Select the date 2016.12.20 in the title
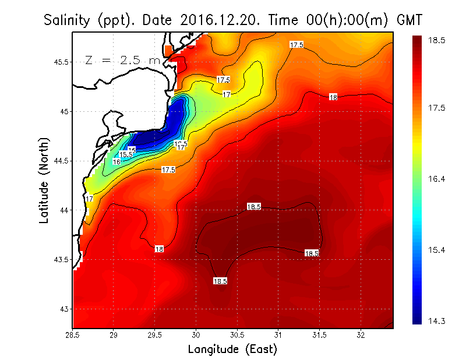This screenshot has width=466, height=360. point(214,20)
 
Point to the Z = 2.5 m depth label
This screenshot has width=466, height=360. point(122,60)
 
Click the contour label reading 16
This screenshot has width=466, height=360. point(116,161)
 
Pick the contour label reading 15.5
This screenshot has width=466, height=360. point(126,154)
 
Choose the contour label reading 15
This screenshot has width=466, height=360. point(132,150)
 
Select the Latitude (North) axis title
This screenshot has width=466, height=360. point(44,180)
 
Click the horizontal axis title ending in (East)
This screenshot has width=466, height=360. point(232,350)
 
